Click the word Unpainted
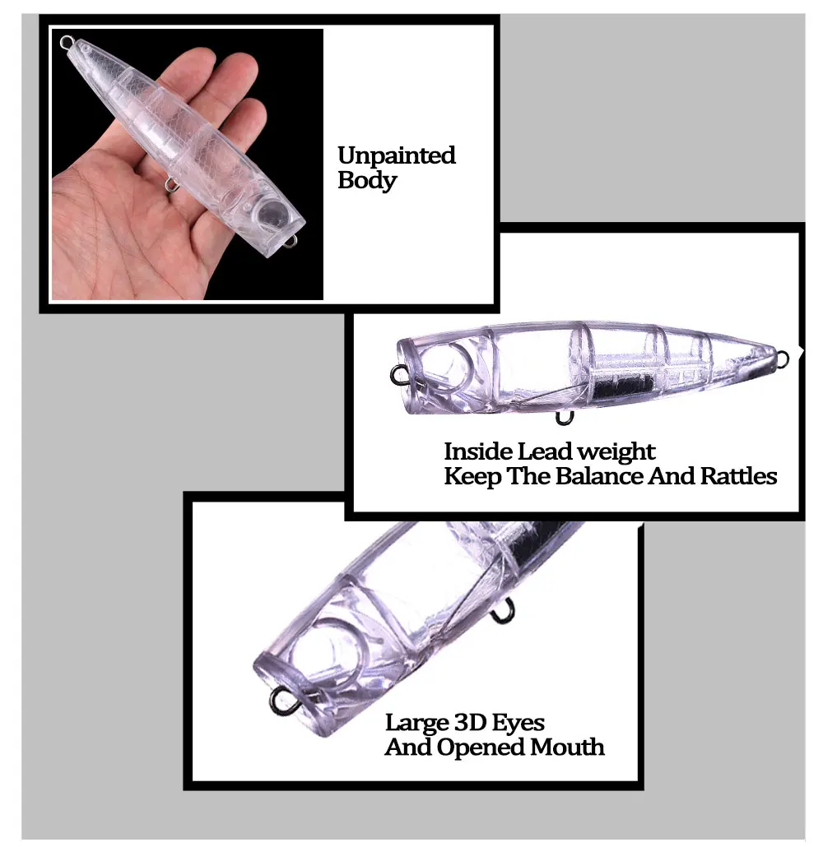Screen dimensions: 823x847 pos(397,155)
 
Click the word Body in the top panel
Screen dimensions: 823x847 pos(367,180)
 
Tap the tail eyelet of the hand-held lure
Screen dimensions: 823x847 pos(67,42)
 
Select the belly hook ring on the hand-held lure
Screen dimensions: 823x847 pos(173,186)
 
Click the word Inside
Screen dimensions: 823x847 pos(478,451)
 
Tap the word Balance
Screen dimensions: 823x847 pos(600,476)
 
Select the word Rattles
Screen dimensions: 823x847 pos(739,476)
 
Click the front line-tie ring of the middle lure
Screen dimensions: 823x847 pos(398,376)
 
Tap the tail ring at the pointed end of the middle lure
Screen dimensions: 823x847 pos(782,358)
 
